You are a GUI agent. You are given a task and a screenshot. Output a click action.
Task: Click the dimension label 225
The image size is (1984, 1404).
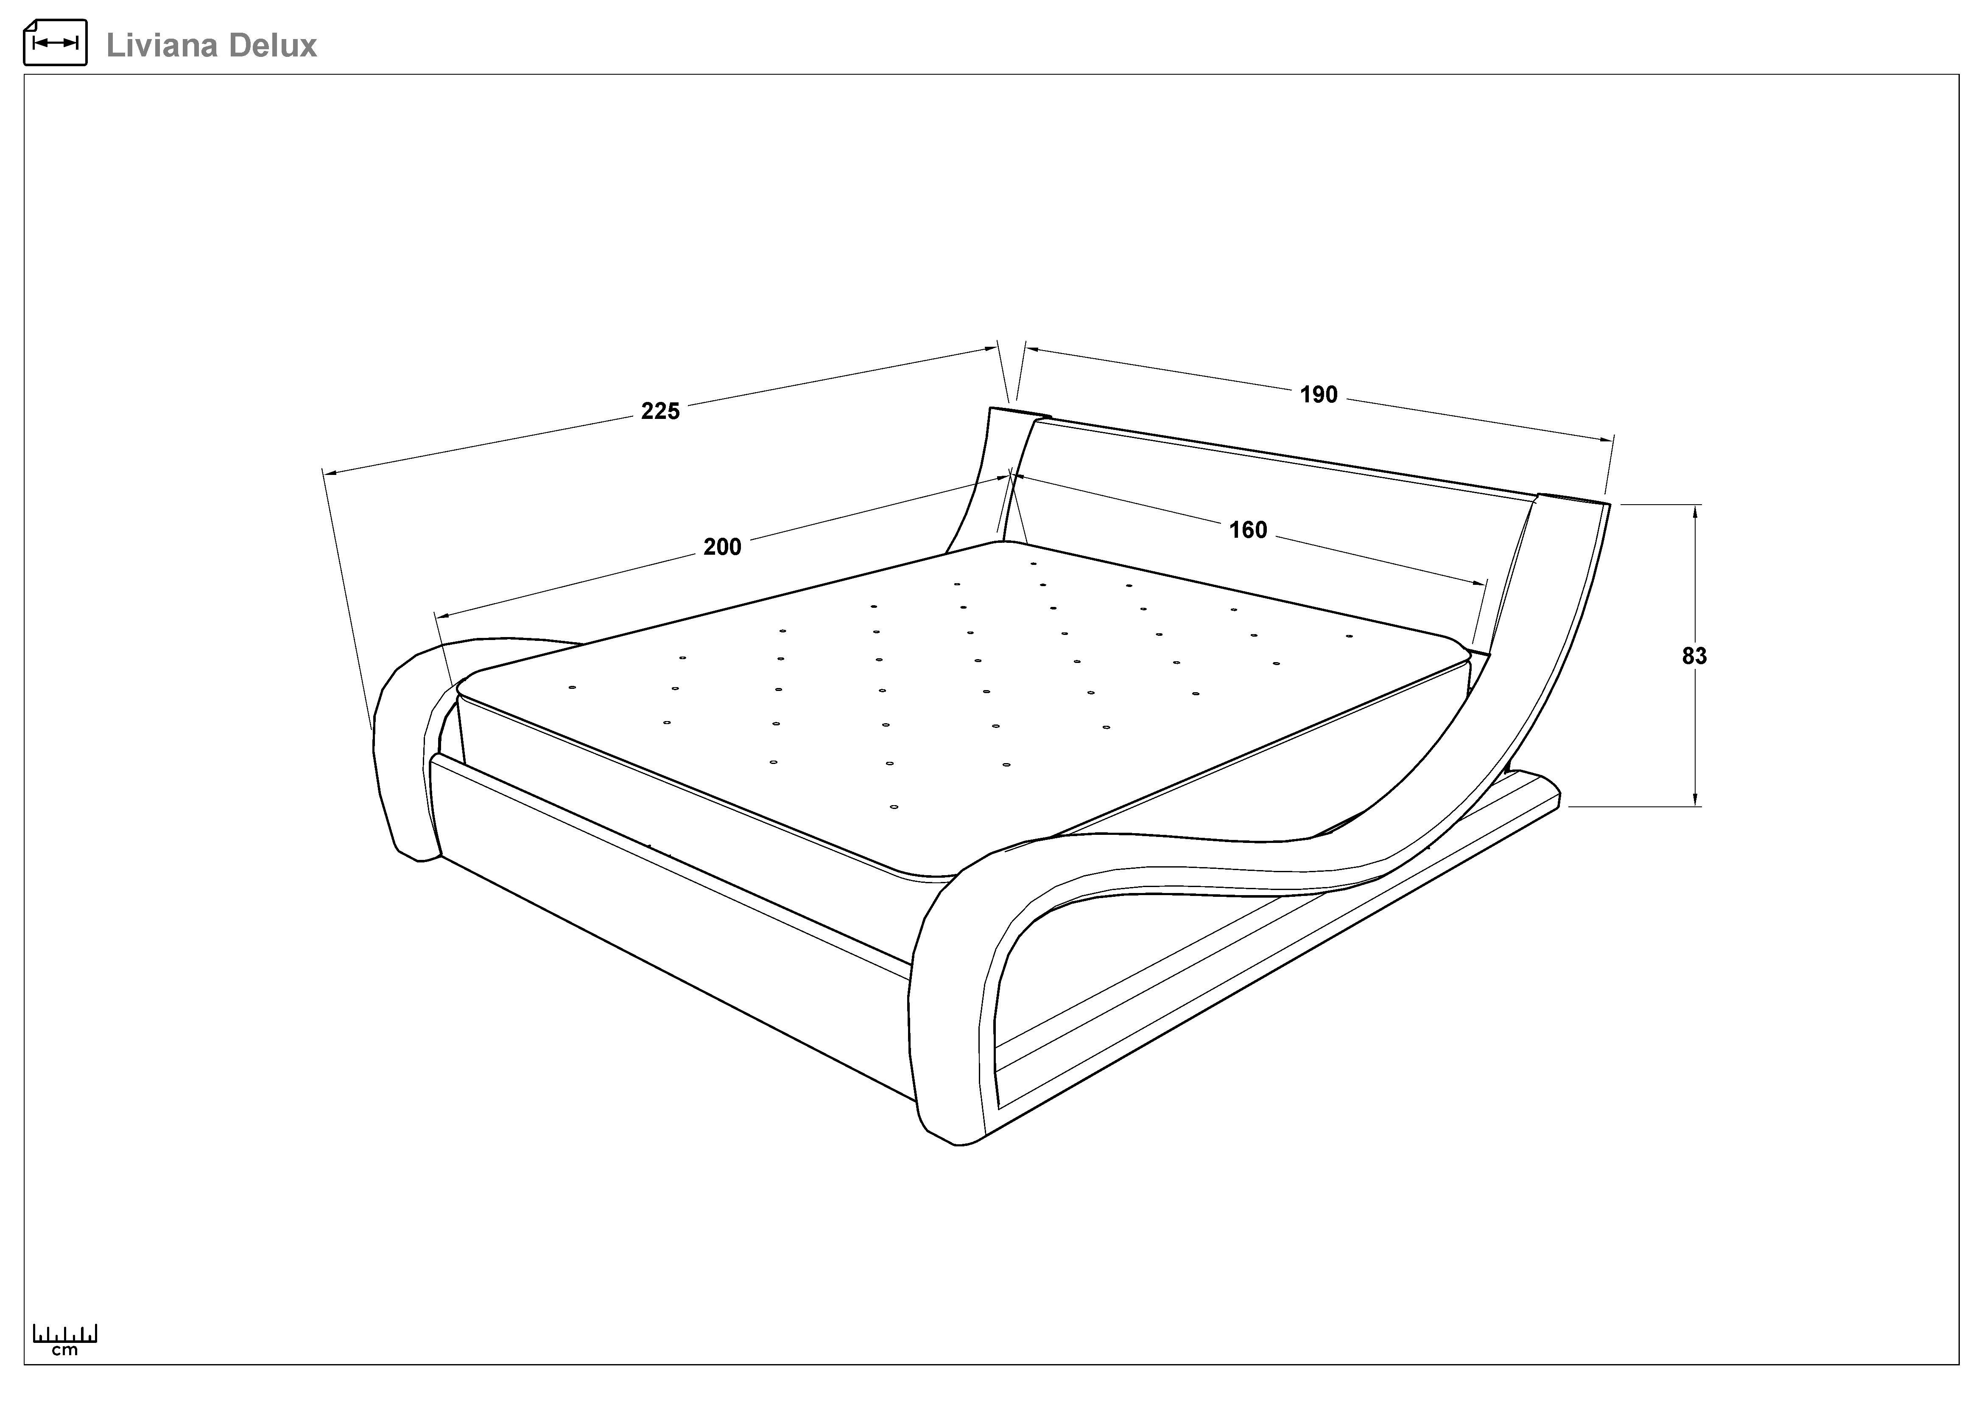point(660,412)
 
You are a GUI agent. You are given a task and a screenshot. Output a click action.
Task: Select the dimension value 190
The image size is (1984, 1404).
point(1319,395)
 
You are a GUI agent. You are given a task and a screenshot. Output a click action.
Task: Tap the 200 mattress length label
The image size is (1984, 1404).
point(722,547)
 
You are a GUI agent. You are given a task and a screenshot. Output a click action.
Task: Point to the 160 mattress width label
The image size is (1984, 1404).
point(1248,530)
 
